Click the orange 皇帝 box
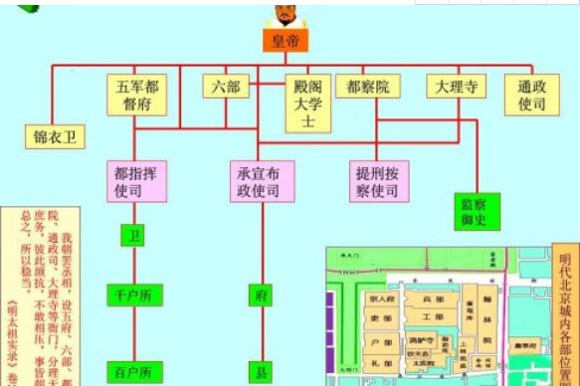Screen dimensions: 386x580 (x=286, y=42)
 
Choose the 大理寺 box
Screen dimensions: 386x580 (x=457, y=87)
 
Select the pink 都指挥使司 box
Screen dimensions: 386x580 (x=133, y=179)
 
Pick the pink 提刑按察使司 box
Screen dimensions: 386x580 (x=376, y=179)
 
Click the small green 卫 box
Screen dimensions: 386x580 (x=131, y=237)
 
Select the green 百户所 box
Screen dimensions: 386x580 (x=131, y=373)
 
